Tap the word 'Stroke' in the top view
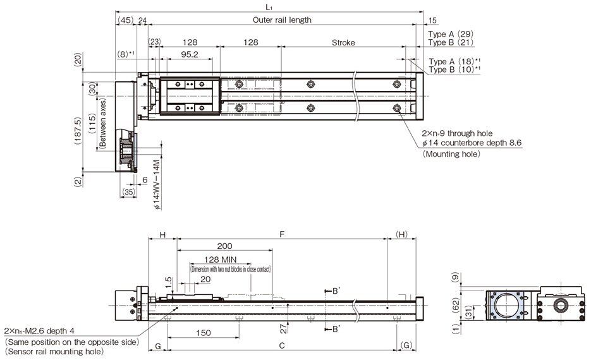(343, 43)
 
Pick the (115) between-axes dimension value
(92, 124)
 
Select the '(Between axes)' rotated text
(102, 124)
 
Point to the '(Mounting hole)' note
(451, 154)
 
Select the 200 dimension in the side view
(224, 246)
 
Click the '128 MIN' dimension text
(221, 260)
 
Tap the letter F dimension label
(282, 234)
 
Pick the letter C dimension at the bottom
(282, 345)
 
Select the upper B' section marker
(337, 291)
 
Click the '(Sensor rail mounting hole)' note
(53, 352)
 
